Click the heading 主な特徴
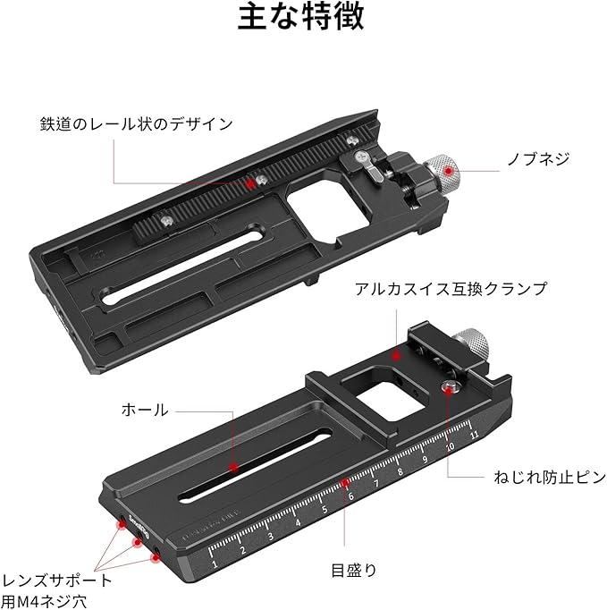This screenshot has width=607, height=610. [301, 21]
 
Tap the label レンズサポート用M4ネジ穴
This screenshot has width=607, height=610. [56, 589]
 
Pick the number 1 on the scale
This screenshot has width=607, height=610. [215, 563]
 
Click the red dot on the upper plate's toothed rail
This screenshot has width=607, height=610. [249, 179]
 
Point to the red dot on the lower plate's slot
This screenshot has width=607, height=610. [232, 467]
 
